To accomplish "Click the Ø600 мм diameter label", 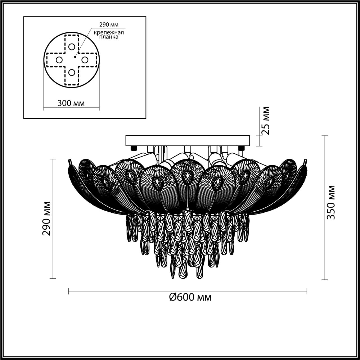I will coord(190,297).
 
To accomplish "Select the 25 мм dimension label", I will coord(265,121).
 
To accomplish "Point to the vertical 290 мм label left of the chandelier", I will coord(46,219).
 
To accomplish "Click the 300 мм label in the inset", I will coord(71,103).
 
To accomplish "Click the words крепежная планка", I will coord(109,35).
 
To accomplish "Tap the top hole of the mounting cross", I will coord(72,47).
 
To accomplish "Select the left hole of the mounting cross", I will coord(59,60).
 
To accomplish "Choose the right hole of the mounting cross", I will coord(85,60).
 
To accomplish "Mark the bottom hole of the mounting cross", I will coord(72,73).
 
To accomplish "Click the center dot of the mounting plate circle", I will coord(75,57).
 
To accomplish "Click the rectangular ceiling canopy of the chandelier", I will coord(188,140).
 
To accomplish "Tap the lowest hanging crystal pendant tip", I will coord(173,277).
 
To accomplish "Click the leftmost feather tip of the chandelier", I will coord(69,161).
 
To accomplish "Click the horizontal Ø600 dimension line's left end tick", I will coord(69,291).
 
